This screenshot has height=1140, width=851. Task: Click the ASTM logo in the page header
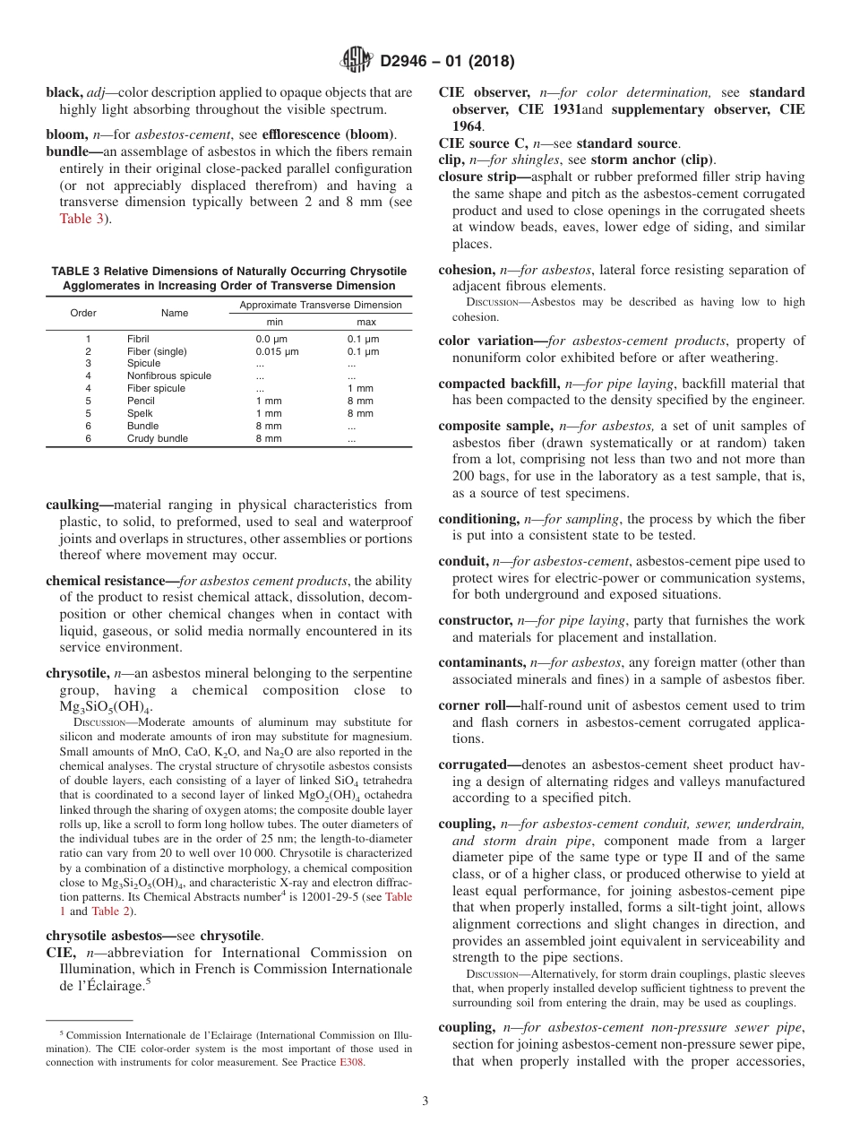click(x=357, y=61)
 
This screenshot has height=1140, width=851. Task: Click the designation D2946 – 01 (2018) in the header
click(x=447, y=62)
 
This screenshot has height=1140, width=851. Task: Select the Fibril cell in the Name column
click(x=138, y=339)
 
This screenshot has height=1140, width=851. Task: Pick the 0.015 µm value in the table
click(x=277, y=351)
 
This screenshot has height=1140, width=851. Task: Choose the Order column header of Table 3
click(x=83, y=313)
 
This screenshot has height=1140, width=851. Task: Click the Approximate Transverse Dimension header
click(x=320, y=306)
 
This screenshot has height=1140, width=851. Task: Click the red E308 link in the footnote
click(x=351, y=1062)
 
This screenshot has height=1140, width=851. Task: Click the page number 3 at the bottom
click(x=425, y=1101)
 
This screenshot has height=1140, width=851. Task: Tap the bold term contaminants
click(x=481, y=662)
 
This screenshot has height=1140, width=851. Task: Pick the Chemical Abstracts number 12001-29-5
click(x=339, y=897)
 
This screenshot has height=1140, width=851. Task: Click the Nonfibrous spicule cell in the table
click(x=169, y=376)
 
